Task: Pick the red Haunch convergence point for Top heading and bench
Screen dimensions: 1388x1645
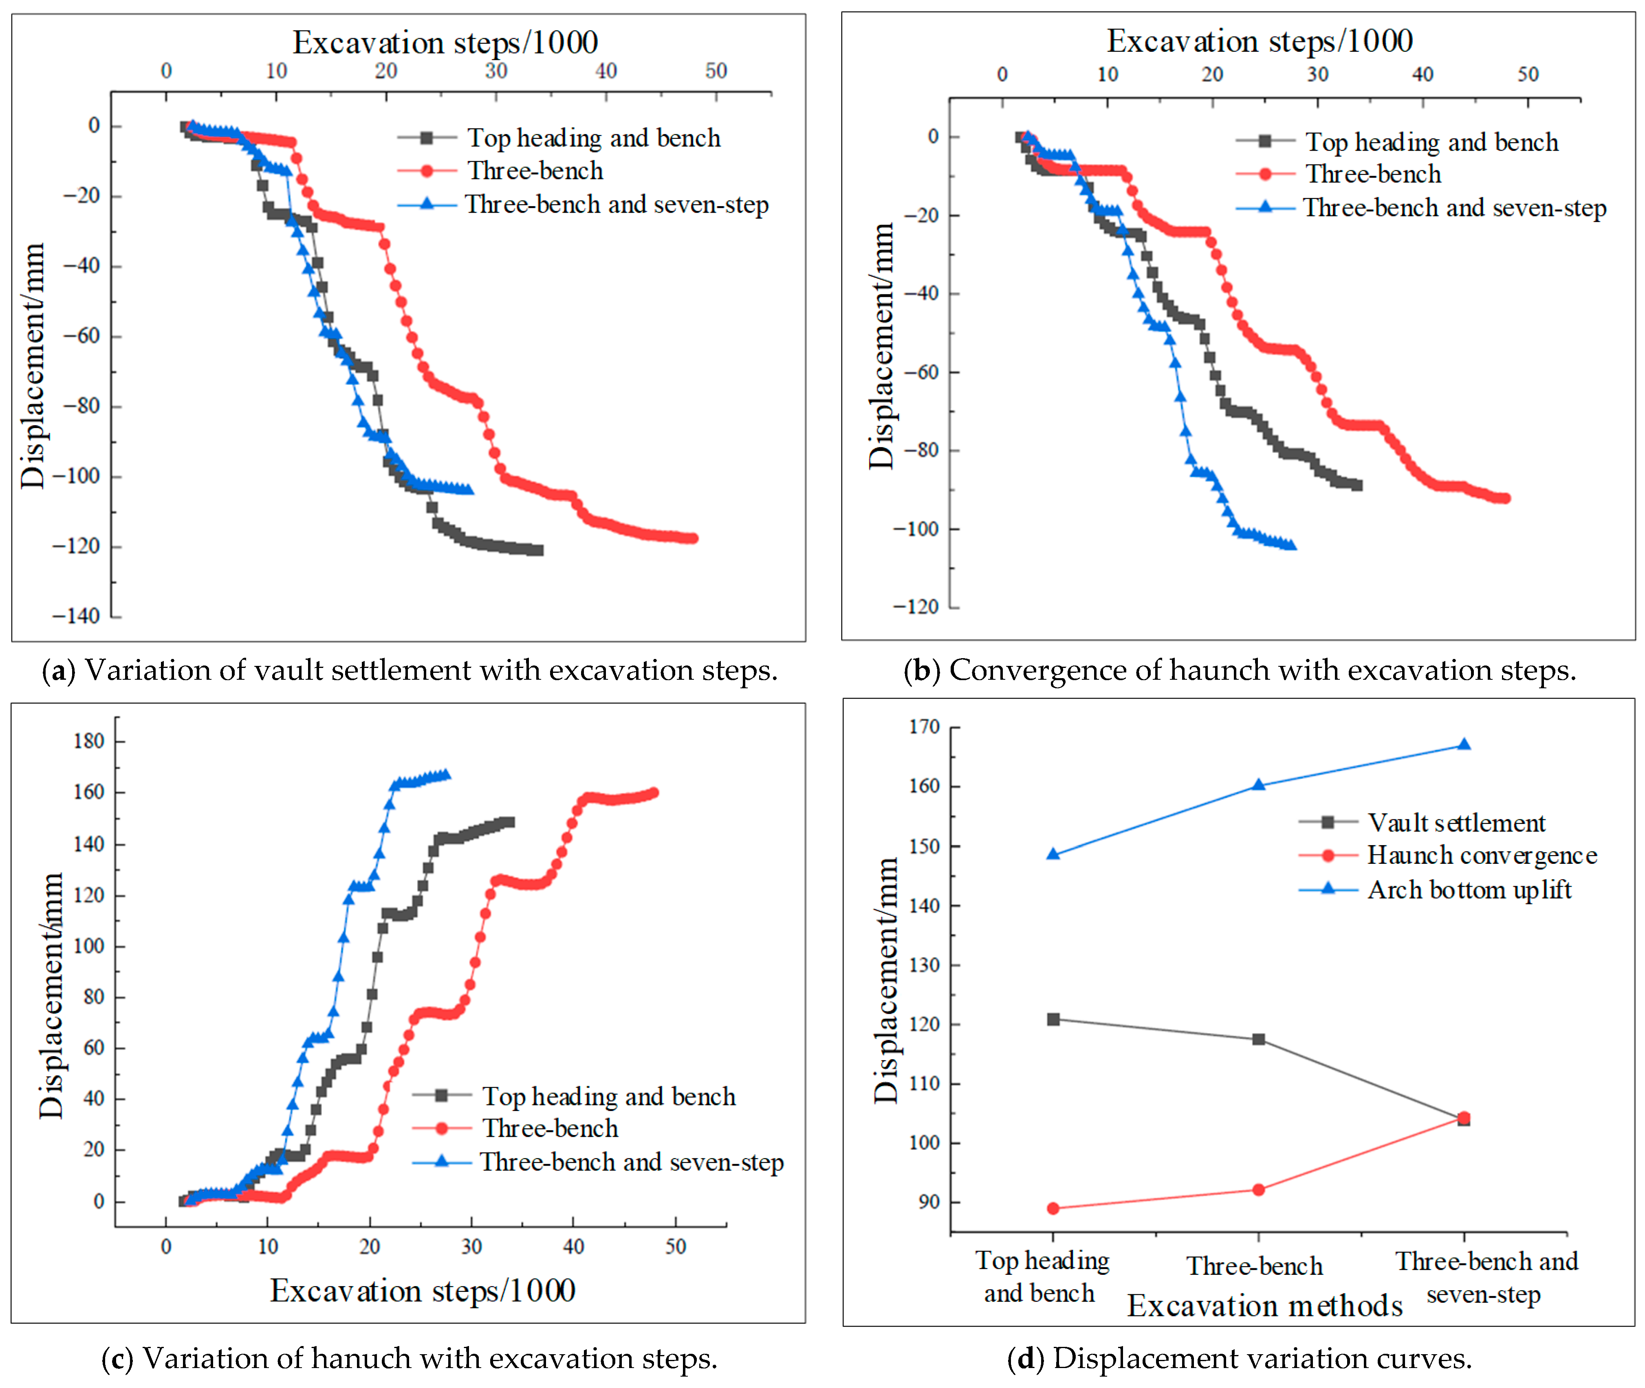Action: [x=1053, y=1209]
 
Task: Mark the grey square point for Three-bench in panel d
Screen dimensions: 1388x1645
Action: [x=1258, y=1039]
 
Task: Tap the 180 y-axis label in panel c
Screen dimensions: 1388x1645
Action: [x=88, y=741]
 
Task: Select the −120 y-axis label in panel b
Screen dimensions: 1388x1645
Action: [x=915, y=607]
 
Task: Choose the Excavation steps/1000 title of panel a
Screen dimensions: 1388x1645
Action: [x=445, y=42]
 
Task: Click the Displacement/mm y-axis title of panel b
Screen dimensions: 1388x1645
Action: [x=881, y=346]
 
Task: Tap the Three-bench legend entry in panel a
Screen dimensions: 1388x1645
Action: [x=535, y=171]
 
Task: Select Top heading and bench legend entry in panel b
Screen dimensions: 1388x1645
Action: [x=1431, y=143]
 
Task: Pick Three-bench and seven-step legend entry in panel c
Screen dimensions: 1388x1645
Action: [x=631, y=1162]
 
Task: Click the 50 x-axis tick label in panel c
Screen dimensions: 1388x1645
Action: [x=675, y=1247]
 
